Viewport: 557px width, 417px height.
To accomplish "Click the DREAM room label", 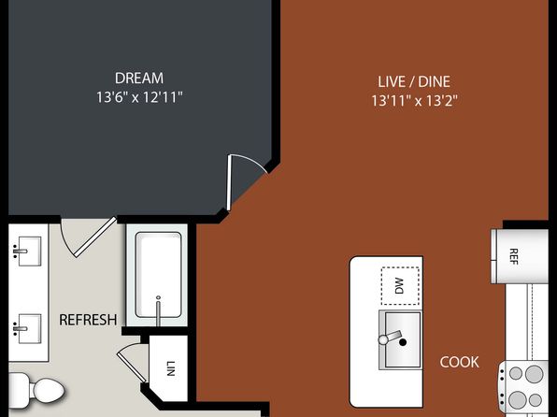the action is (139, 79).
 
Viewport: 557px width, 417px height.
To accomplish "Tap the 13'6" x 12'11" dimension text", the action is (139, 97).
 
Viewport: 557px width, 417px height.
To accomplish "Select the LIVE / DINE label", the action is (414, 81).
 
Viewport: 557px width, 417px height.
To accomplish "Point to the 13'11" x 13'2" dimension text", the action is (414, 101).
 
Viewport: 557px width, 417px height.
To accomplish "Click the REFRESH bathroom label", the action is (88, 320).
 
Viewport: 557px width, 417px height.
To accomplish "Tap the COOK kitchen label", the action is (459, 362).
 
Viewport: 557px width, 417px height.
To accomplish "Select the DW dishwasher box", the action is (400, 286).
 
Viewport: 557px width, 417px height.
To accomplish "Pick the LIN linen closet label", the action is (171, 368).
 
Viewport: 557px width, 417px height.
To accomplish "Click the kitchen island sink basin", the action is (402, 339).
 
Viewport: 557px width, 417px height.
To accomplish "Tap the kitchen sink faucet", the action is (390, 338).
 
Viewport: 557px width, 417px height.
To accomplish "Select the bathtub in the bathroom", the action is (159, 275).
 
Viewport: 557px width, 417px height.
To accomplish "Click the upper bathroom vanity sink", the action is (28, 252).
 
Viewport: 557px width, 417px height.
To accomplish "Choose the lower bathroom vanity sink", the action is (28, 328).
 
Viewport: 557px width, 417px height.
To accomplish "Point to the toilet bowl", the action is (49, 391).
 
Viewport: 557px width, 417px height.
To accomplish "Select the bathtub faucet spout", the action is (159, 310).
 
